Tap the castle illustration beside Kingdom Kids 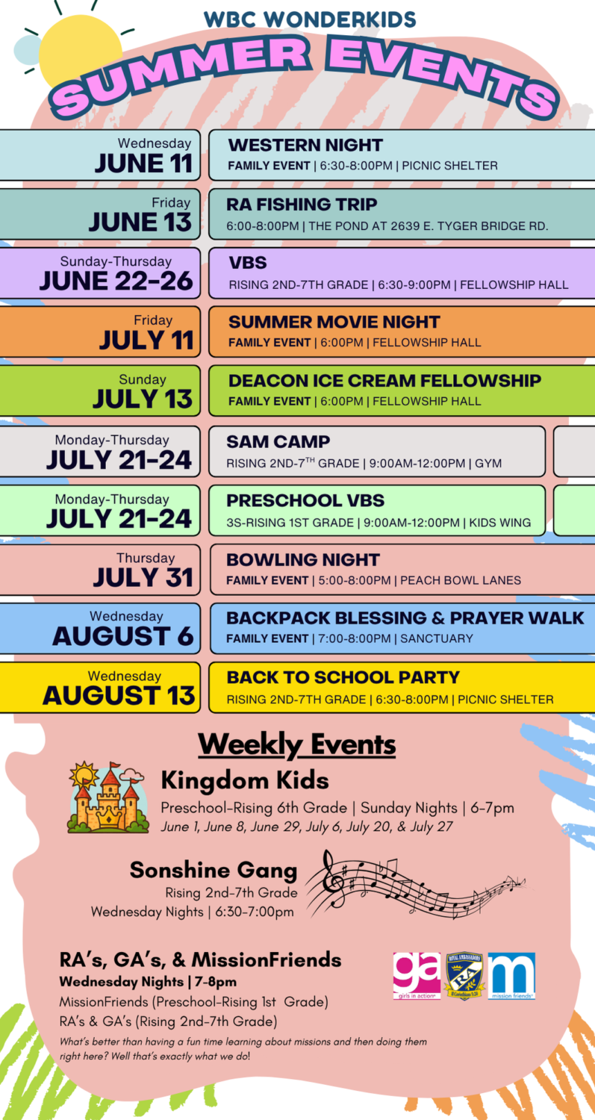pos(108,797)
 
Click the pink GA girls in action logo pos(417,975)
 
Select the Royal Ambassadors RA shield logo pos(464,975)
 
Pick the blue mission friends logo pos(511,975)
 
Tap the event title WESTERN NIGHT pos(305,145)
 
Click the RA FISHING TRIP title pos(302,205)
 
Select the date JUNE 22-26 pos(116,281)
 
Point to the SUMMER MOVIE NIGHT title pos(334,322)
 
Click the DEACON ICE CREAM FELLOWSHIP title pos(384,381)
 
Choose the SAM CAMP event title pos(278,441)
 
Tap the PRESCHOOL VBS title pos(305,500)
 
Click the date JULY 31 pos(143,577)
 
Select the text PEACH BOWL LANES pos(461,580)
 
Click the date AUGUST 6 pos(123,636)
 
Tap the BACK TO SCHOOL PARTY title pos(343,677)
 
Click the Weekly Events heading pos(297,745)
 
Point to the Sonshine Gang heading pos(214,870)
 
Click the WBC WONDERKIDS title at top pos(310,19)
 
